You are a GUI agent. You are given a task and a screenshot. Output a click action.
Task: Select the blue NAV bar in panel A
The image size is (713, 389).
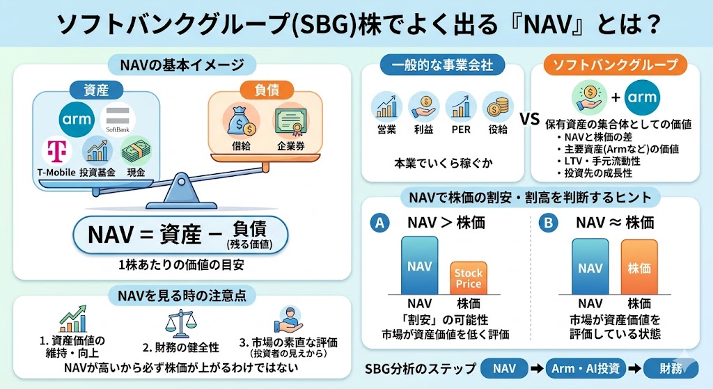coord(419,265)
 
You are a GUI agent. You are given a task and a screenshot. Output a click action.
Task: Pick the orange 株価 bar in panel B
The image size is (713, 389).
coord(638,267)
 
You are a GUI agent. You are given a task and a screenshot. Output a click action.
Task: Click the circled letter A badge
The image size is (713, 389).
coord(379,223)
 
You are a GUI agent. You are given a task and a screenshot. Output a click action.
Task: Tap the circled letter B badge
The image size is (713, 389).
coord(549,223)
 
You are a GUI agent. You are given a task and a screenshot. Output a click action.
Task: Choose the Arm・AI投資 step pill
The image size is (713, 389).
coord(586,368)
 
